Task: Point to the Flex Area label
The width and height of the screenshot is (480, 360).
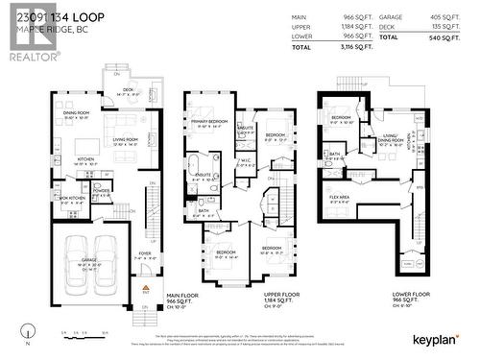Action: point(339,198)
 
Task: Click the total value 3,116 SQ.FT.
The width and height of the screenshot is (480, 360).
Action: point(330,46)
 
